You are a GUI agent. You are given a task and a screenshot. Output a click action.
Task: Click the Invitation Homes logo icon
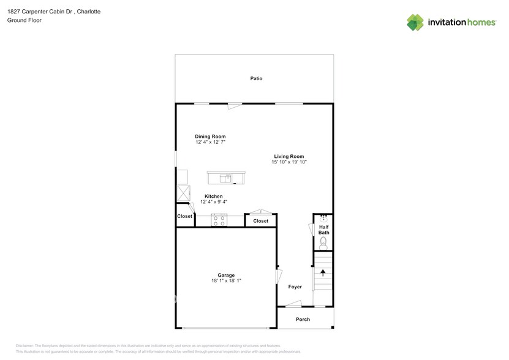click(x=415, y=22)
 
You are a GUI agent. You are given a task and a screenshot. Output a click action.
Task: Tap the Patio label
click(x=256, y=78)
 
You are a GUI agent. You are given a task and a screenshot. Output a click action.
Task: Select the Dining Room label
click(x=210, y=137)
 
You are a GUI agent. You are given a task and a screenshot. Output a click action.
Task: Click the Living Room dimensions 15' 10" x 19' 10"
click(x=288, y=162)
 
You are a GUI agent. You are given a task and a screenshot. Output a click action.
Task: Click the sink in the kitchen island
click(x=227, y=178)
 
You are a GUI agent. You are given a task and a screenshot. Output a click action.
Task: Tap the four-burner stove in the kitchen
click(x=219, y=219)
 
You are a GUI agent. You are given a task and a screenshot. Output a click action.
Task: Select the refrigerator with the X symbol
click(x=183, y=192)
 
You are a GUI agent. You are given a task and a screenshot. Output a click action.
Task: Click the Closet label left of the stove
click(x=184, y=216)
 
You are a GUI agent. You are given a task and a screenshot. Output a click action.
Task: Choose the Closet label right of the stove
click(x=260, y=221)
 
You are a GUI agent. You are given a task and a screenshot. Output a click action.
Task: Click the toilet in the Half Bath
click(x=323, y=243)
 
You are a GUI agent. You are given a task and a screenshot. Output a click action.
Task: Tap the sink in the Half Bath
click(x=323, y=218)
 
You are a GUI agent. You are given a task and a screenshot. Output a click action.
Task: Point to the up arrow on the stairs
click(x=322, y=274)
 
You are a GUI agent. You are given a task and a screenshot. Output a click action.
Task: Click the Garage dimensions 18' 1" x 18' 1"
click(x=226, y=281)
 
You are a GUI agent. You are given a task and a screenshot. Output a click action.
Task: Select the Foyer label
click(x=295, y=287)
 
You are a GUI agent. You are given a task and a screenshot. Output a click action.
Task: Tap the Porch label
click(x=303, y=319)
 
